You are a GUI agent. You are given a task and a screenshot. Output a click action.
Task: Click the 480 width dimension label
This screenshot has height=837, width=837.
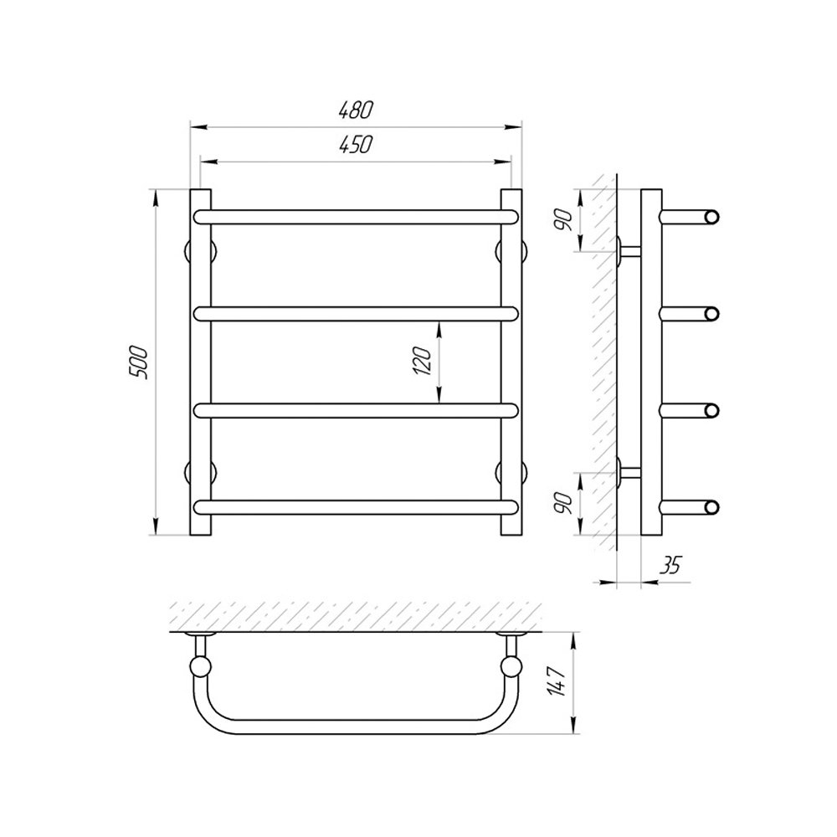point(356,110)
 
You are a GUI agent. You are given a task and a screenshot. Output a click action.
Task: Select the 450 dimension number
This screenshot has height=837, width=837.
point(356,144)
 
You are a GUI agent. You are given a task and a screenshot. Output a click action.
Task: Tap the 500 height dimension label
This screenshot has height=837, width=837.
point(138,362)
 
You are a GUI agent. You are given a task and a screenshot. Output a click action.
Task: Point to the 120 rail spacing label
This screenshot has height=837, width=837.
point(422,361)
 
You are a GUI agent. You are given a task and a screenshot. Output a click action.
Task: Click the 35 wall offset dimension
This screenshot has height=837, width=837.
point(670,565)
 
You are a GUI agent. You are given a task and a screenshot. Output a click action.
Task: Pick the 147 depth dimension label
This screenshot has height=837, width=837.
point(557,681)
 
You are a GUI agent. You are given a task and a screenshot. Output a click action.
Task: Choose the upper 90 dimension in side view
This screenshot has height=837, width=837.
point(565,220)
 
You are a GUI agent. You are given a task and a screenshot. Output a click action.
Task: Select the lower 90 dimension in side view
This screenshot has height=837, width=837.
point(565,503)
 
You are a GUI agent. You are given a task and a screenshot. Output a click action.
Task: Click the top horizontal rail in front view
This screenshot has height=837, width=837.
point(356,217)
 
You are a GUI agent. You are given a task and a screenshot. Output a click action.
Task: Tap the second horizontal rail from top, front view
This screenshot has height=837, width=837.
point(356,314)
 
